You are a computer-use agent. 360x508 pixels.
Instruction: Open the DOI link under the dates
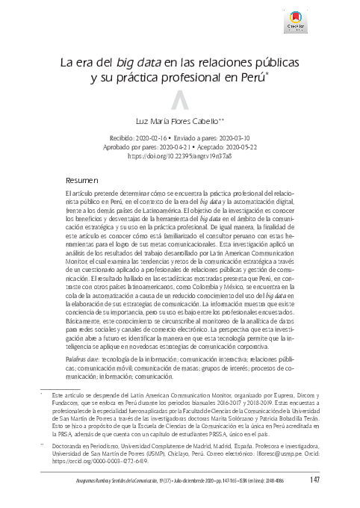tap(180, 158)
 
